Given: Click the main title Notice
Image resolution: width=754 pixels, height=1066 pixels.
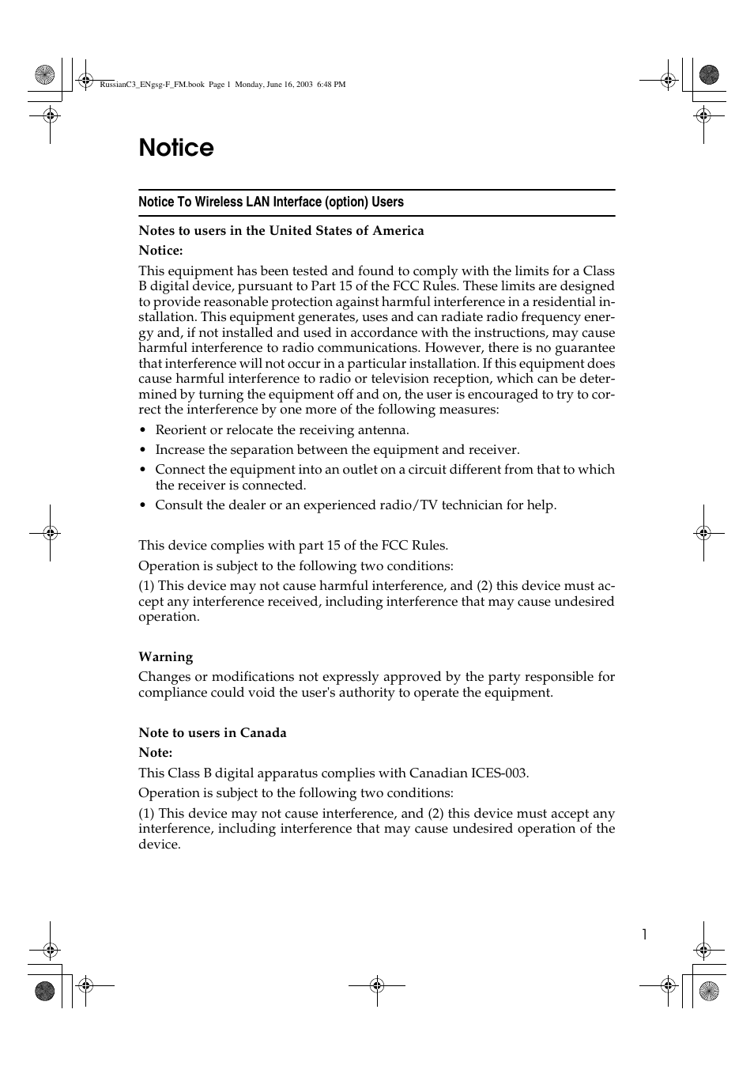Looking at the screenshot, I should click(x=176, y=148).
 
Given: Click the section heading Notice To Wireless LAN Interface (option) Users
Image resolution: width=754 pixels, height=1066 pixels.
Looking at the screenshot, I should click(x=270, y=202).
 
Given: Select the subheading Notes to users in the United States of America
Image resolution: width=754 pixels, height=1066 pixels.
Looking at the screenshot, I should click(x=281, y=231).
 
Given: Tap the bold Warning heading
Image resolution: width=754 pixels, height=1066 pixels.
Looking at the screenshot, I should click(x=165, y=657).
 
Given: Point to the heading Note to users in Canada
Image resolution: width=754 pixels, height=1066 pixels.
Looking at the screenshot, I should click(x=212, y=733).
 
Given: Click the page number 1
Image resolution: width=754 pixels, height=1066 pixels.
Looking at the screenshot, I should click(x=644, y=935).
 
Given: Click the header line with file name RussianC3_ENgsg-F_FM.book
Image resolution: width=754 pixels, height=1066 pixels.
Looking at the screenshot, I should click(x=222, y=85).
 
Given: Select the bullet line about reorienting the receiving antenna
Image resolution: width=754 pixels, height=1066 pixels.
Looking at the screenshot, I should click(x=281, y=430).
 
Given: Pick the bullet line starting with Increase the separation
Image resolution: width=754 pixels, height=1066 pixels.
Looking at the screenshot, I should click(x=337, y=450).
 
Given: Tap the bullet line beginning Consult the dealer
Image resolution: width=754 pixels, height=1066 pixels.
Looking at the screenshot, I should click(x=355, y=505).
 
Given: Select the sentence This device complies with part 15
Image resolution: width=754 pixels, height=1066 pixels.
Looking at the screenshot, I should click(x=292, y=546).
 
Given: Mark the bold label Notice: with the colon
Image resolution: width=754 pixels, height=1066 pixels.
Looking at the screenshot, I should click(x=160, y=251).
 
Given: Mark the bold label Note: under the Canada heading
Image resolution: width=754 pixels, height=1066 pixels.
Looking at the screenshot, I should click(x=155, y=753).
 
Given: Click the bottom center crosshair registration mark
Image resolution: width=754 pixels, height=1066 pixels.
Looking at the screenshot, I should click(x=377, y=985).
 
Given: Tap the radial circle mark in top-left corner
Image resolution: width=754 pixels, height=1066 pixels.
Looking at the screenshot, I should click(x=45, y=75).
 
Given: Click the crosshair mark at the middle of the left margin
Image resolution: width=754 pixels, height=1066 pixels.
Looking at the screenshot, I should click(x=50, y=533).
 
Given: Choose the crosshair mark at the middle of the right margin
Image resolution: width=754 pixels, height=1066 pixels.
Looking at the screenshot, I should click(x=703, y=533).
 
